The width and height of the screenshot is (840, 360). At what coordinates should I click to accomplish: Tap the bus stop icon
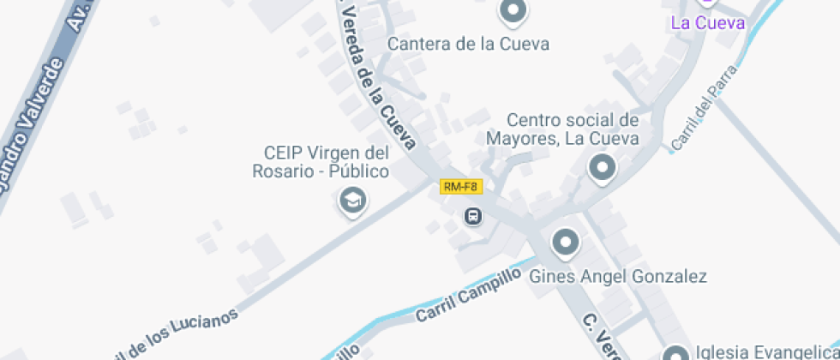[473, 216]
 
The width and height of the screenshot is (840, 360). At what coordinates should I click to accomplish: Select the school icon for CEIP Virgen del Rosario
[351, 202]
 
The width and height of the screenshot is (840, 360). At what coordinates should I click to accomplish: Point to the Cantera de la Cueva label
[468, 44]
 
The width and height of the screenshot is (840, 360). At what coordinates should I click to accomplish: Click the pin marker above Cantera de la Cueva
[513, 11]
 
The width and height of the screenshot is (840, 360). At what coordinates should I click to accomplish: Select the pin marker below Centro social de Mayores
[602, 167]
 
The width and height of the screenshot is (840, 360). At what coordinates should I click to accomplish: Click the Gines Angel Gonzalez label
[617, 276]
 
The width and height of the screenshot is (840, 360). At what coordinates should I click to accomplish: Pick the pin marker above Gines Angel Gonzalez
[565, 243]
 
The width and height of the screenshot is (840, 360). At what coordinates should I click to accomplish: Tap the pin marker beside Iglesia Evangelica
[676, 353]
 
